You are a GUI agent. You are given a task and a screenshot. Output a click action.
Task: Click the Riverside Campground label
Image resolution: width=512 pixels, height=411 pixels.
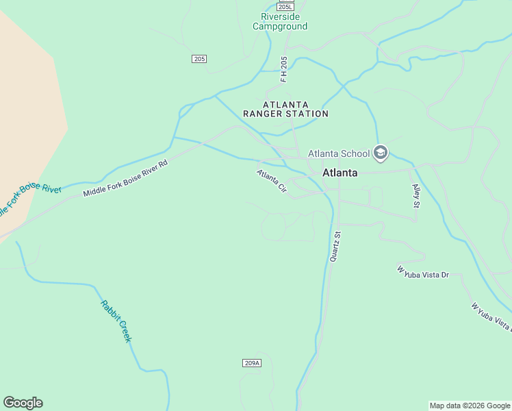pos(280,21)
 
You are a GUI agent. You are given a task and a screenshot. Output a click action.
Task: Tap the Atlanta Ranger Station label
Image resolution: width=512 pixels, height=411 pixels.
pos(286,109)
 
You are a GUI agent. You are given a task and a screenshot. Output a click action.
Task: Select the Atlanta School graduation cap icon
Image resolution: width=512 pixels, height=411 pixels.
pos(381,153)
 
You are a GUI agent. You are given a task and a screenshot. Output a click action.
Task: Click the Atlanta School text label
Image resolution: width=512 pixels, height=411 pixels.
pos(339,153)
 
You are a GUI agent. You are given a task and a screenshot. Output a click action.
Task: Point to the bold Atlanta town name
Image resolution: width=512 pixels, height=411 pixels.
pos(340,173)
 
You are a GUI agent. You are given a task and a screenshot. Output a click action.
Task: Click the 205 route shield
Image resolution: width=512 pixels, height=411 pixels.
pos(199,59)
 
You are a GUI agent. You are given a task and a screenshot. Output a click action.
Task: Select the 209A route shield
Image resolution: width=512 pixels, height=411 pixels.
pos(252,362)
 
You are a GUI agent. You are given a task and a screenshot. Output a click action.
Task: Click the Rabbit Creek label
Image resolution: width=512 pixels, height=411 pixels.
pos(116,321)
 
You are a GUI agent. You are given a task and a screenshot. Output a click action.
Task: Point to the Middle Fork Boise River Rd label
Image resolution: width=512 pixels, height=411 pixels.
pos(125,179)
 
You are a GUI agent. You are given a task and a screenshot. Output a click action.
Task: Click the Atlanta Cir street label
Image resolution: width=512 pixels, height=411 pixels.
pos(272,181)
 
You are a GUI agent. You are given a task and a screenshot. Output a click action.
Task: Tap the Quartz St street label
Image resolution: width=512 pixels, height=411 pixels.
pos(335,247)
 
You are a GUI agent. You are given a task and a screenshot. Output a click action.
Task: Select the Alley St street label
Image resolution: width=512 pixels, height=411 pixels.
pos(415,196)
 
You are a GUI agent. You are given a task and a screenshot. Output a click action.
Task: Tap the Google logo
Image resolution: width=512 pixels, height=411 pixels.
pos(23,403)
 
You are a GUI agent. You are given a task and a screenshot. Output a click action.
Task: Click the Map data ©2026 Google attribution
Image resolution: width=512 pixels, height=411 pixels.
pos(470,406)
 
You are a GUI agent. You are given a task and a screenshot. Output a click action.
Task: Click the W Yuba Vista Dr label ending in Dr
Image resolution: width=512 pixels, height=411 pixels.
pos(422,272)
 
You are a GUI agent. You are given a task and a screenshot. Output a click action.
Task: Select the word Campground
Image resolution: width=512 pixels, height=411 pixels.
pos(280,27)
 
